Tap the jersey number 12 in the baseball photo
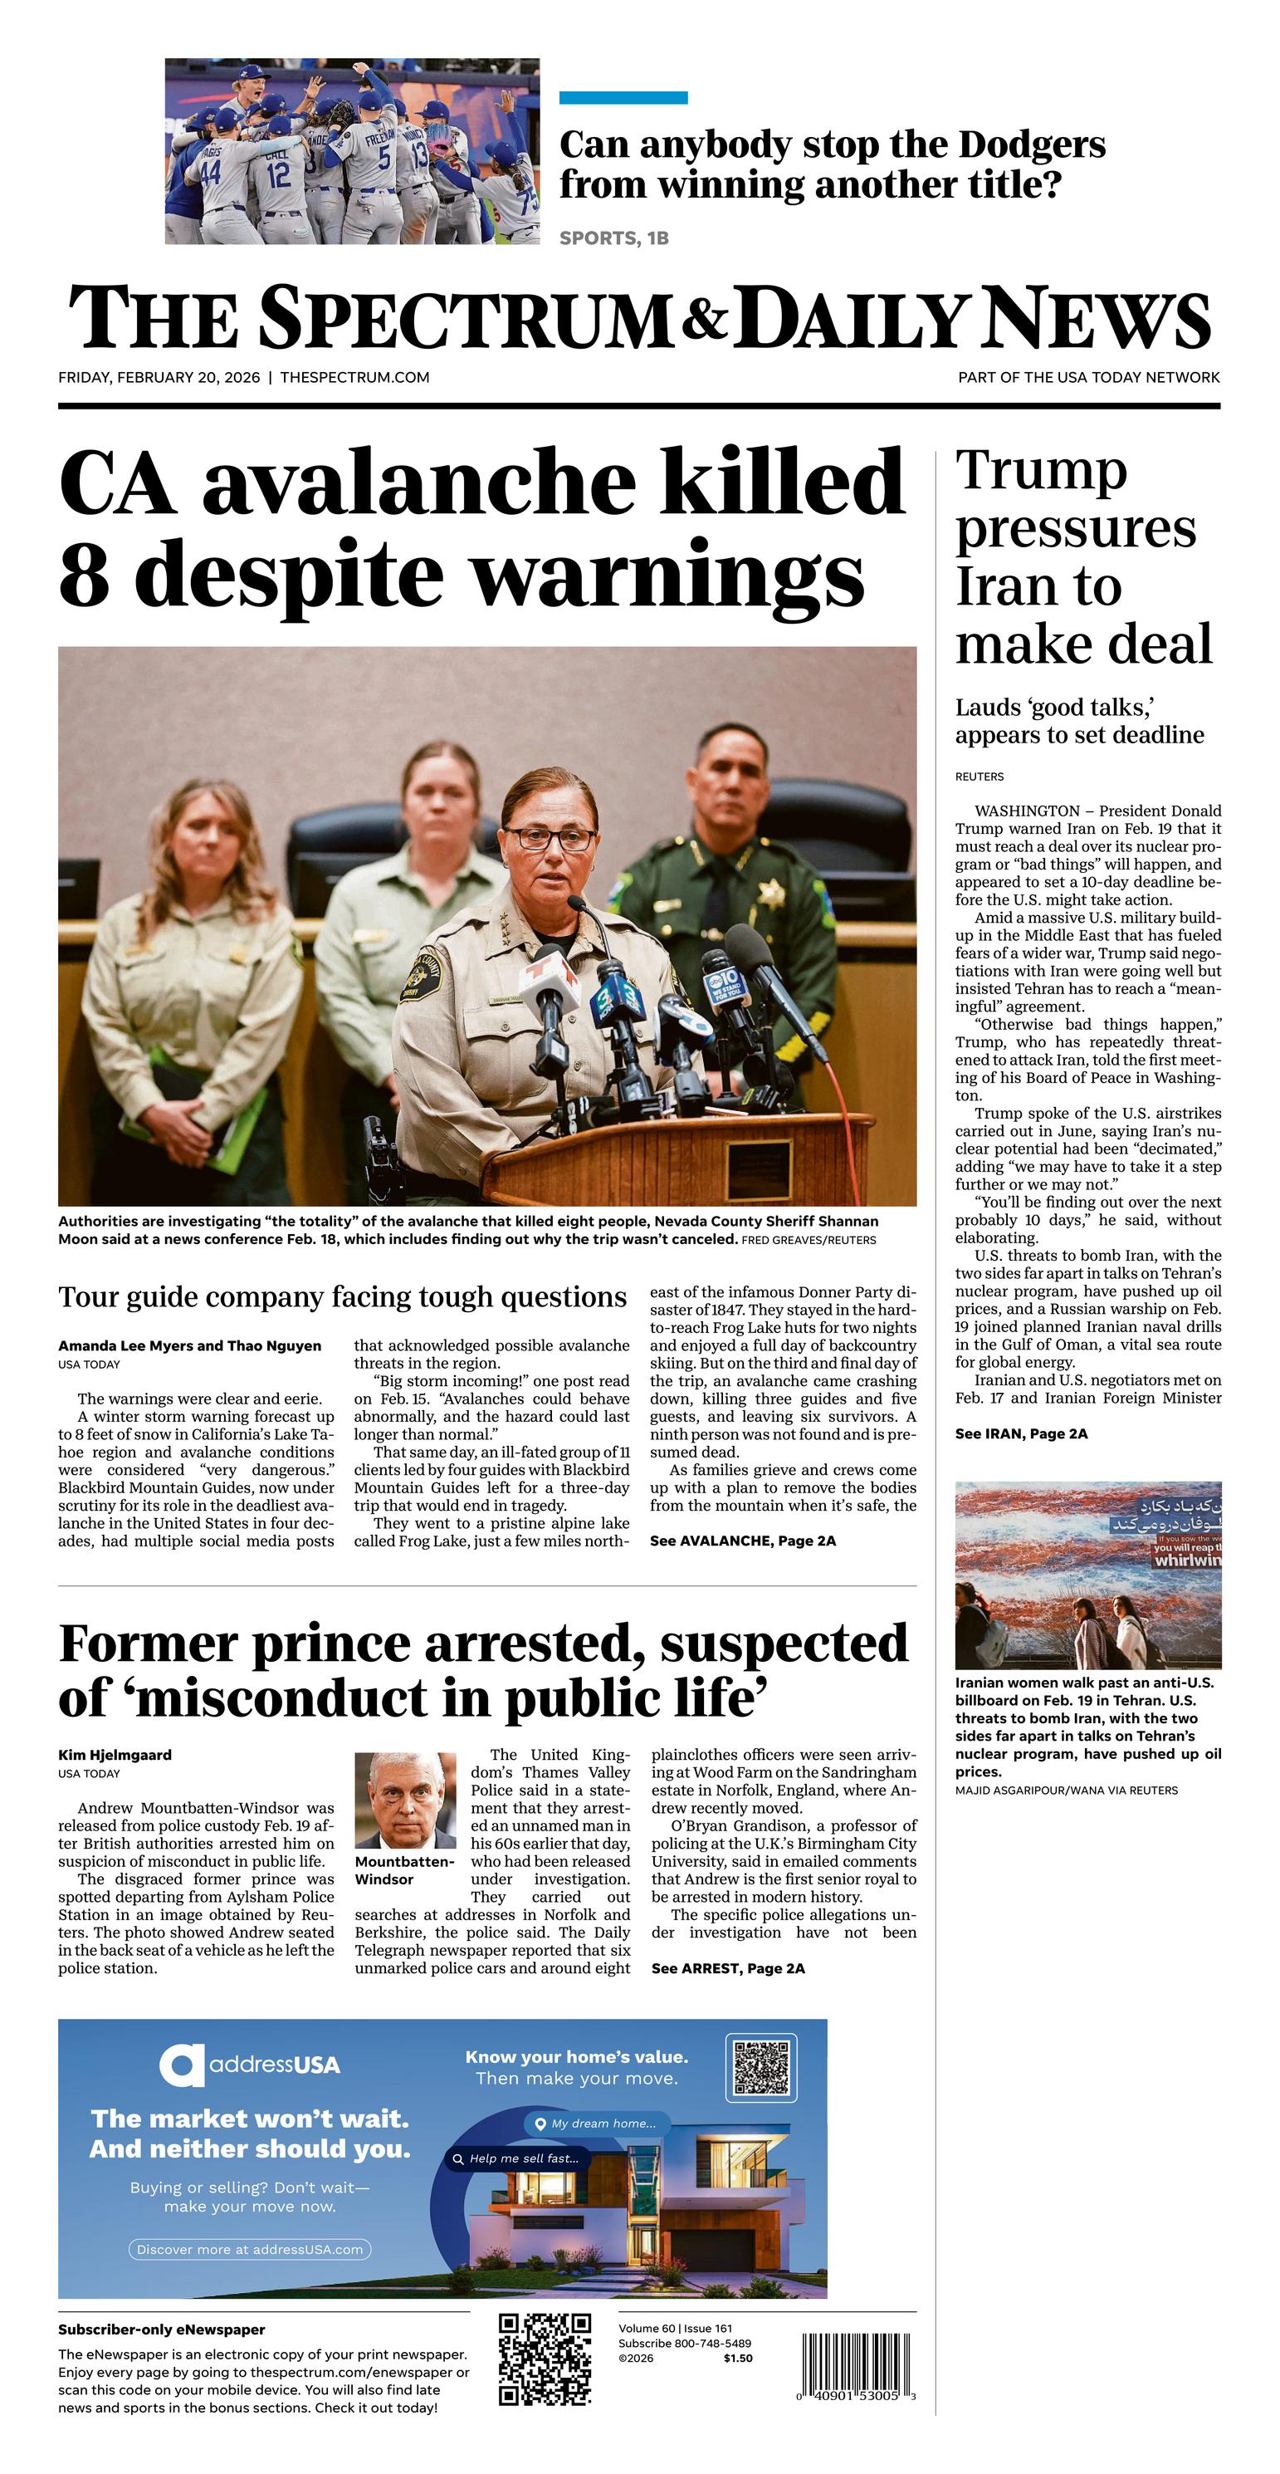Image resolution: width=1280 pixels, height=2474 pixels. [277, 174]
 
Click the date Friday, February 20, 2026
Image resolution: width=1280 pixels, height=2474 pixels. [159, 377]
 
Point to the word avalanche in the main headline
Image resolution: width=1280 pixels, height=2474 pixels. [417, 483]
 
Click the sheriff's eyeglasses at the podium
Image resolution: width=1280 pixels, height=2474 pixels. [550, 839]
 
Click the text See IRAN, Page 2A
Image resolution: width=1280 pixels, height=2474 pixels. [1021, 1434]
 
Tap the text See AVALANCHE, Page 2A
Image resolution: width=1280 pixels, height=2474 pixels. [742, 1541]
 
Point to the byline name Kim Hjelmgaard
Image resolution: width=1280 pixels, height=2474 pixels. [115, 1755]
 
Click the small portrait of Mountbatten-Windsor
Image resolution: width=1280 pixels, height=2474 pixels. [405, 1800]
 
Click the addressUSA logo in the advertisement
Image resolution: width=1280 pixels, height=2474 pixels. [250, 2065]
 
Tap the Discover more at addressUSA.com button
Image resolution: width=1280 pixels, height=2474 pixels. [250, 2249]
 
